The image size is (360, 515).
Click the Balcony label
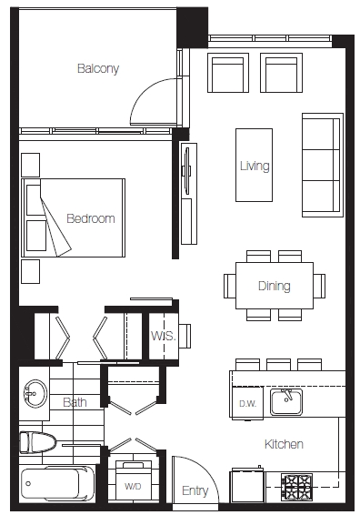(98, 68)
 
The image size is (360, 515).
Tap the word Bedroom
(91, 218)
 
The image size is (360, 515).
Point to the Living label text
(255, 166)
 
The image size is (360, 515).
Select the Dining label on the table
(274, 286)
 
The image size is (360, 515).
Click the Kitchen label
(284, 444)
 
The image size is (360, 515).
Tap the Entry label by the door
(195, 490)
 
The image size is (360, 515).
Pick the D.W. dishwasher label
(248, 404)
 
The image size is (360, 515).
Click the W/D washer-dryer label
(133, 486)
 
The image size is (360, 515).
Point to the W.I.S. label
(164, 336)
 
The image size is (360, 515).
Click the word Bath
(75, 402)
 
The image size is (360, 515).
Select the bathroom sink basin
(35, 394)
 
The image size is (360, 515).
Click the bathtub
(57, 483)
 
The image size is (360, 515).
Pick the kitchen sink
(286, 401)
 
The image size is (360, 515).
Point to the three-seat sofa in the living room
(322, 166)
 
